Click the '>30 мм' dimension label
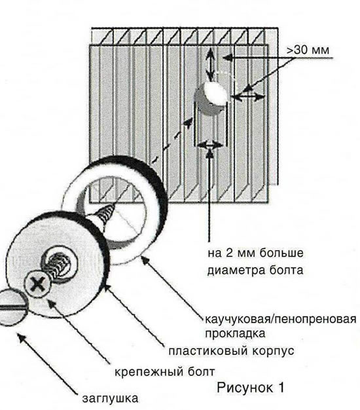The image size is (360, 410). (308, 50)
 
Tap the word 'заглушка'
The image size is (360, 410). (110, 398)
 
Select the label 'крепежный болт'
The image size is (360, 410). (165, 372)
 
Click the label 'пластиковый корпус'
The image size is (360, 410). (231, 350)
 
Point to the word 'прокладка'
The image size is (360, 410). (235, 333)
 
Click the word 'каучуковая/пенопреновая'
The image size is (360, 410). (280, 319)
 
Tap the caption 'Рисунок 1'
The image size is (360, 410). (250, 387)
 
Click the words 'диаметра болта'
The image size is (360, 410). (255, 270)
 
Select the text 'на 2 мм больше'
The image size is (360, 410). (255, 253)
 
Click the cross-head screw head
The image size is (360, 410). (37, 284)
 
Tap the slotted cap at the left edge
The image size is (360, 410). (11, 308)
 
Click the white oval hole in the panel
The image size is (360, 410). (215, 94)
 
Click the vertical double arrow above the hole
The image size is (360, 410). (210, 64)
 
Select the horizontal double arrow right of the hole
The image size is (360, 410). (248, 98)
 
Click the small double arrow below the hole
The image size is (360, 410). (210, 145)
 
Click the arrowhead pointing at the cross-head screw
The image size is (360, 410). (52, 304)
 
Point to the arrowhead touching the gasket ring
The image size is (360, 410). (145, 261)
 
